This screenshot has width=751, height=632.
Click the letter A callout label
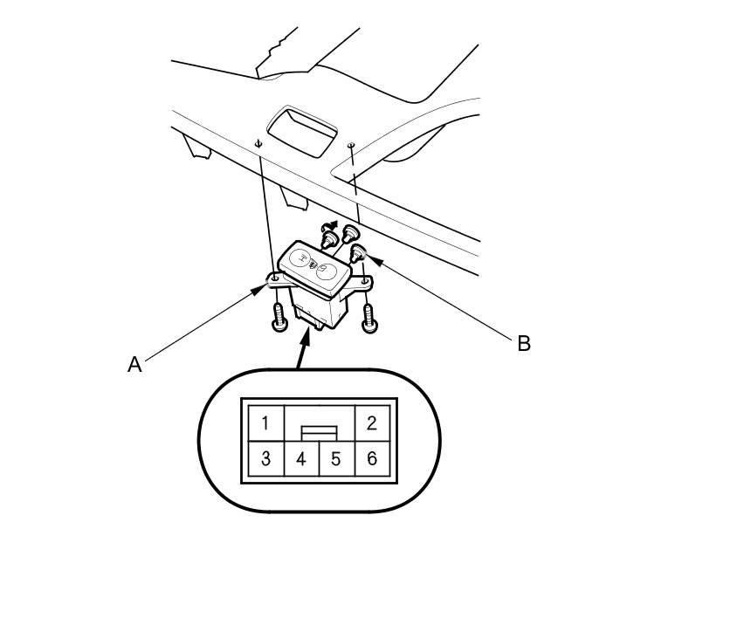(x=134, y=364)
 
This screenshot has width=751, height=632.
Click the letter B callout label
(x=524, y=343)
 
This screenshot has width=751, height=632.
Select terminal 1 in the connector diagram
(x=265, y=423)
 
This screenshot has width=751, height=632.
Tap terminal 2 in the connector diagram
(x=371, y=423)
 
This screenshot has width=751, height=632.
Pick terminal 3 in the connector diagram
(x=265, y=458)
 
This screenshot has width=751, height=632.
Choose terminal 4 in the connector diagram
(x=301, y=458)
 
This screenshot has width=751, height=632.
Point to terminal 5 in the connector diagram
(x=336, y=458)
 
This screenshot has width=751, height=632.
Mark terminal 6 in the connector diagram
(x=371, y=458)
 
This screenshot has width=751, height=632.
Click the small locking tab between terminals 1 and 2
(x=318, y=431)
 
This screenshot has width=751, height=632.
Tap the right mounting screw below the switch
(x=369, y=319)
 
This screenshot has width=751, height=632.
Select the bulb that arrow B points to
(x=357, y=254)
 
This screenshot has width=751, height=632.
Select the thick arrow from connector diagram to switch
(x=302, y=349)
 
